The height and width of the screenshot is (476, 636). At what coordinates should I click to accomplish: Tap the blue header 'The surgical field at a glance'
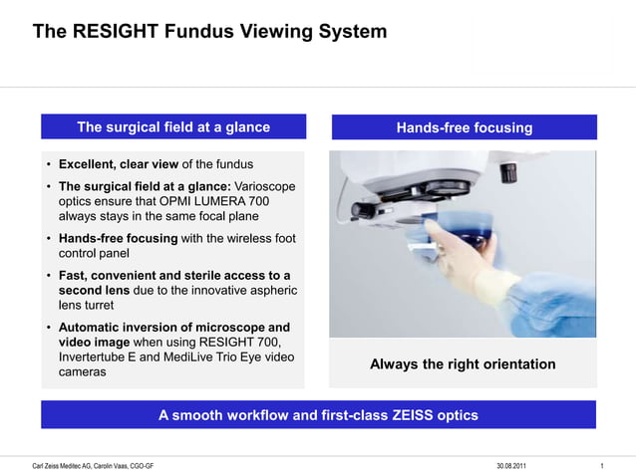coord(173,126)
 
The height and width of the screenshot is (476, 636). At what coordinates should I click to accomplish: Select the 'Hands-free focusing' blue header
coord(464,127)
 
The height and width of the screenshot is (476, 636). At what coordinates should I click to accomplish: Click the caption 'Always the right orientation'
coord(463,364)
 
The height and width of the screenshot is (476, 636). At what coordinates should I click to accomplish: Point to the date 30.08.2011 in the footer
coord(513,466)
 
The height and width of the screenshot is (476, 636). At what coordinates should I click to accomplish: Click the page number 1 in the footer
coord(603,466)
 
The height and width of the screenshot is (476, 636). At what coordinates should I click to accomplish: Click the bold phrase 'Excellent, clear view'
coord(119,163)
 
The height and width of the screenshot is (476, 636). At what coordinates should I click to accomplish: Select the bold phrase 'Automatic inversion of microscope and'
coord(174,328)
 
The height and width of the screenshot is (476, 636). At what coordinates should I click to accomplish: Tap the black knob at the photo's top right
coord(508,169)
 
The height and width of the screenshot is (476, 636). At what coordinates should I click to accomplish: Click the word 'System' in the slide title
coord(350,32)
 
